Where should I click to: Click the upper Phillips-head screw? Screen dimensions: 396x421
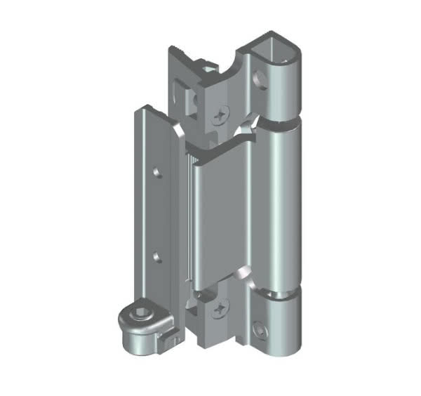[223, 112]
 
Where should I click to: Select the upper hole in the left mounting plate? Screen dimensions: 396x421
[157, 171]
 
